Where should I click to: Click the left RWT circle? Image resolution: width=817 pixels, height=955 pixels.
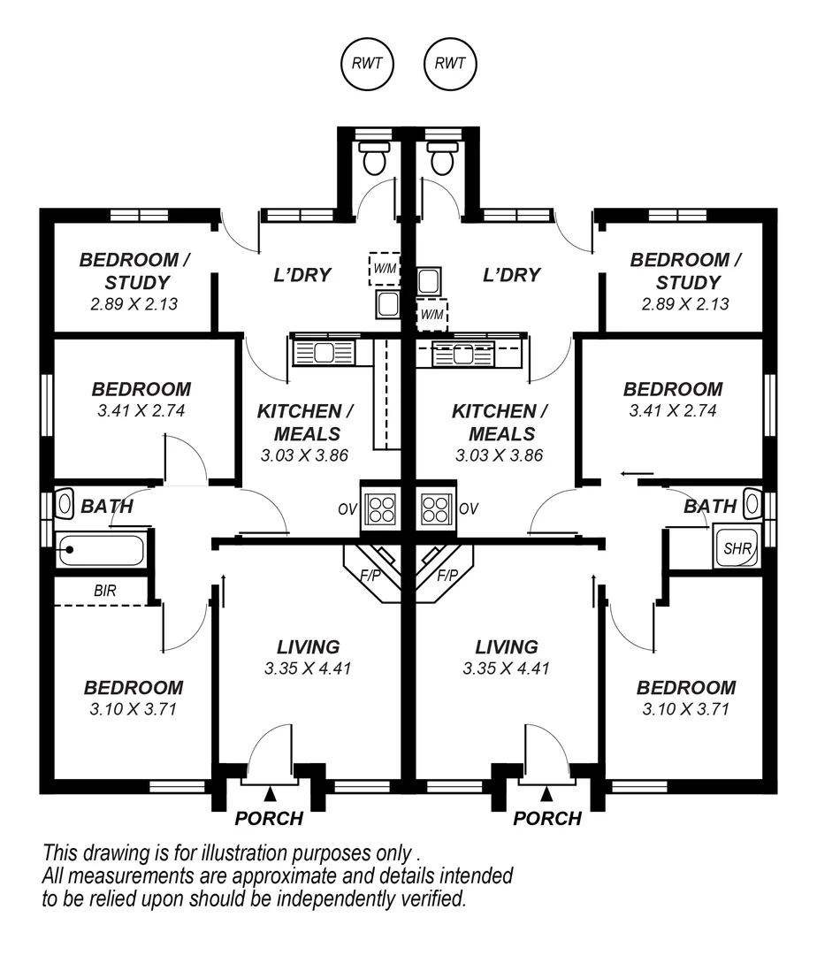[368, 64]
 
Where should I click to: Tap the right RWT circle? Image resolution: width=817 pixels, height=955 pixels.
[451, 64]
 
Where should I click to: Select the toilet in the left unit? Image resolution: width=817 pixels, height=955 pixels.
[374, 159]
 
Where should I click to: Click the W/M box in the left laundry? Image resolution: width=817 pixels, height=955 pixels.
[384, 269]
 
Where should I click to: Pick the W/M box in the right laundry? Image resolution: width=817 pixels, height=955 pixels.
[432, 314]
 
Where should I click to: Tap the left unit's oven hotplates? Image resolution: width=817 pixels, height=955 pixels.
[381, 509]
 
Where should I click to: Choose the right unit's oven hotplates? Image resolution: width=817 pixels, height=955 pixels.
[435, 509]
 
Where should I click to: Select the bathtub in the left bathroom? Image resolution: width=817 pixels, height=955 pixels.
[99, 551]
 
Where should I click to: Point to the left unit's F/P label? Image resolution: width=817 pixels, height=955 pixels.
[368, 576]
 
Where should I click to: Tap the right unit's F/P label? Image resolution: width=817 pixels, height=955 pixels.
[448, 576]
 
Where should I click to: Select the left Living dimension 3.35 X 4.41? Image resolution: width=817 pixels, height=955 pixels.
[308, 668]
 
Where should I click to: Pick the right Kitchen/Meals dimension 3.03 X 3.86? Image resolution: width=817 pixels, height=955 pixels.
[499, 456]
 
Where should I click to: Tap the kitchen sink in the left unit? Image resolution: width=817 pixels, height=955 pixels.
[324, 354]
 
